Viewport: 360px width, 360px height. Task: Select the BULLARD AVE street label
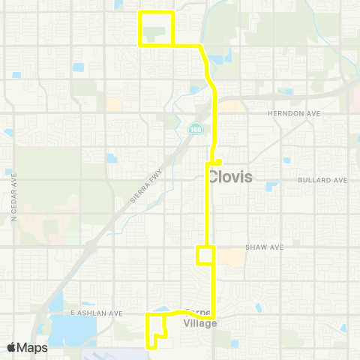pos(322,181)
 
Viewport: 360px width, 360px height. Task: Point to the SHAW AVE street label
pos(262,247)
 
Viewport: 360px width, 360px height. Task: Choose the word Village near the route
pos(200,324)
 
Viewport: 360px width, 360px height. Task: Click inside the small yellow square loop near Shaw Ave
pos(205,255)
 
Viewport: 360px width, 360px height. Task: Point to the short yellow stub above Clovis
pos(217,160)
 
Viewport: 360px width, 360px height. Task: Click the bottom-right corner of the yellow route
pos(214,315)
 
